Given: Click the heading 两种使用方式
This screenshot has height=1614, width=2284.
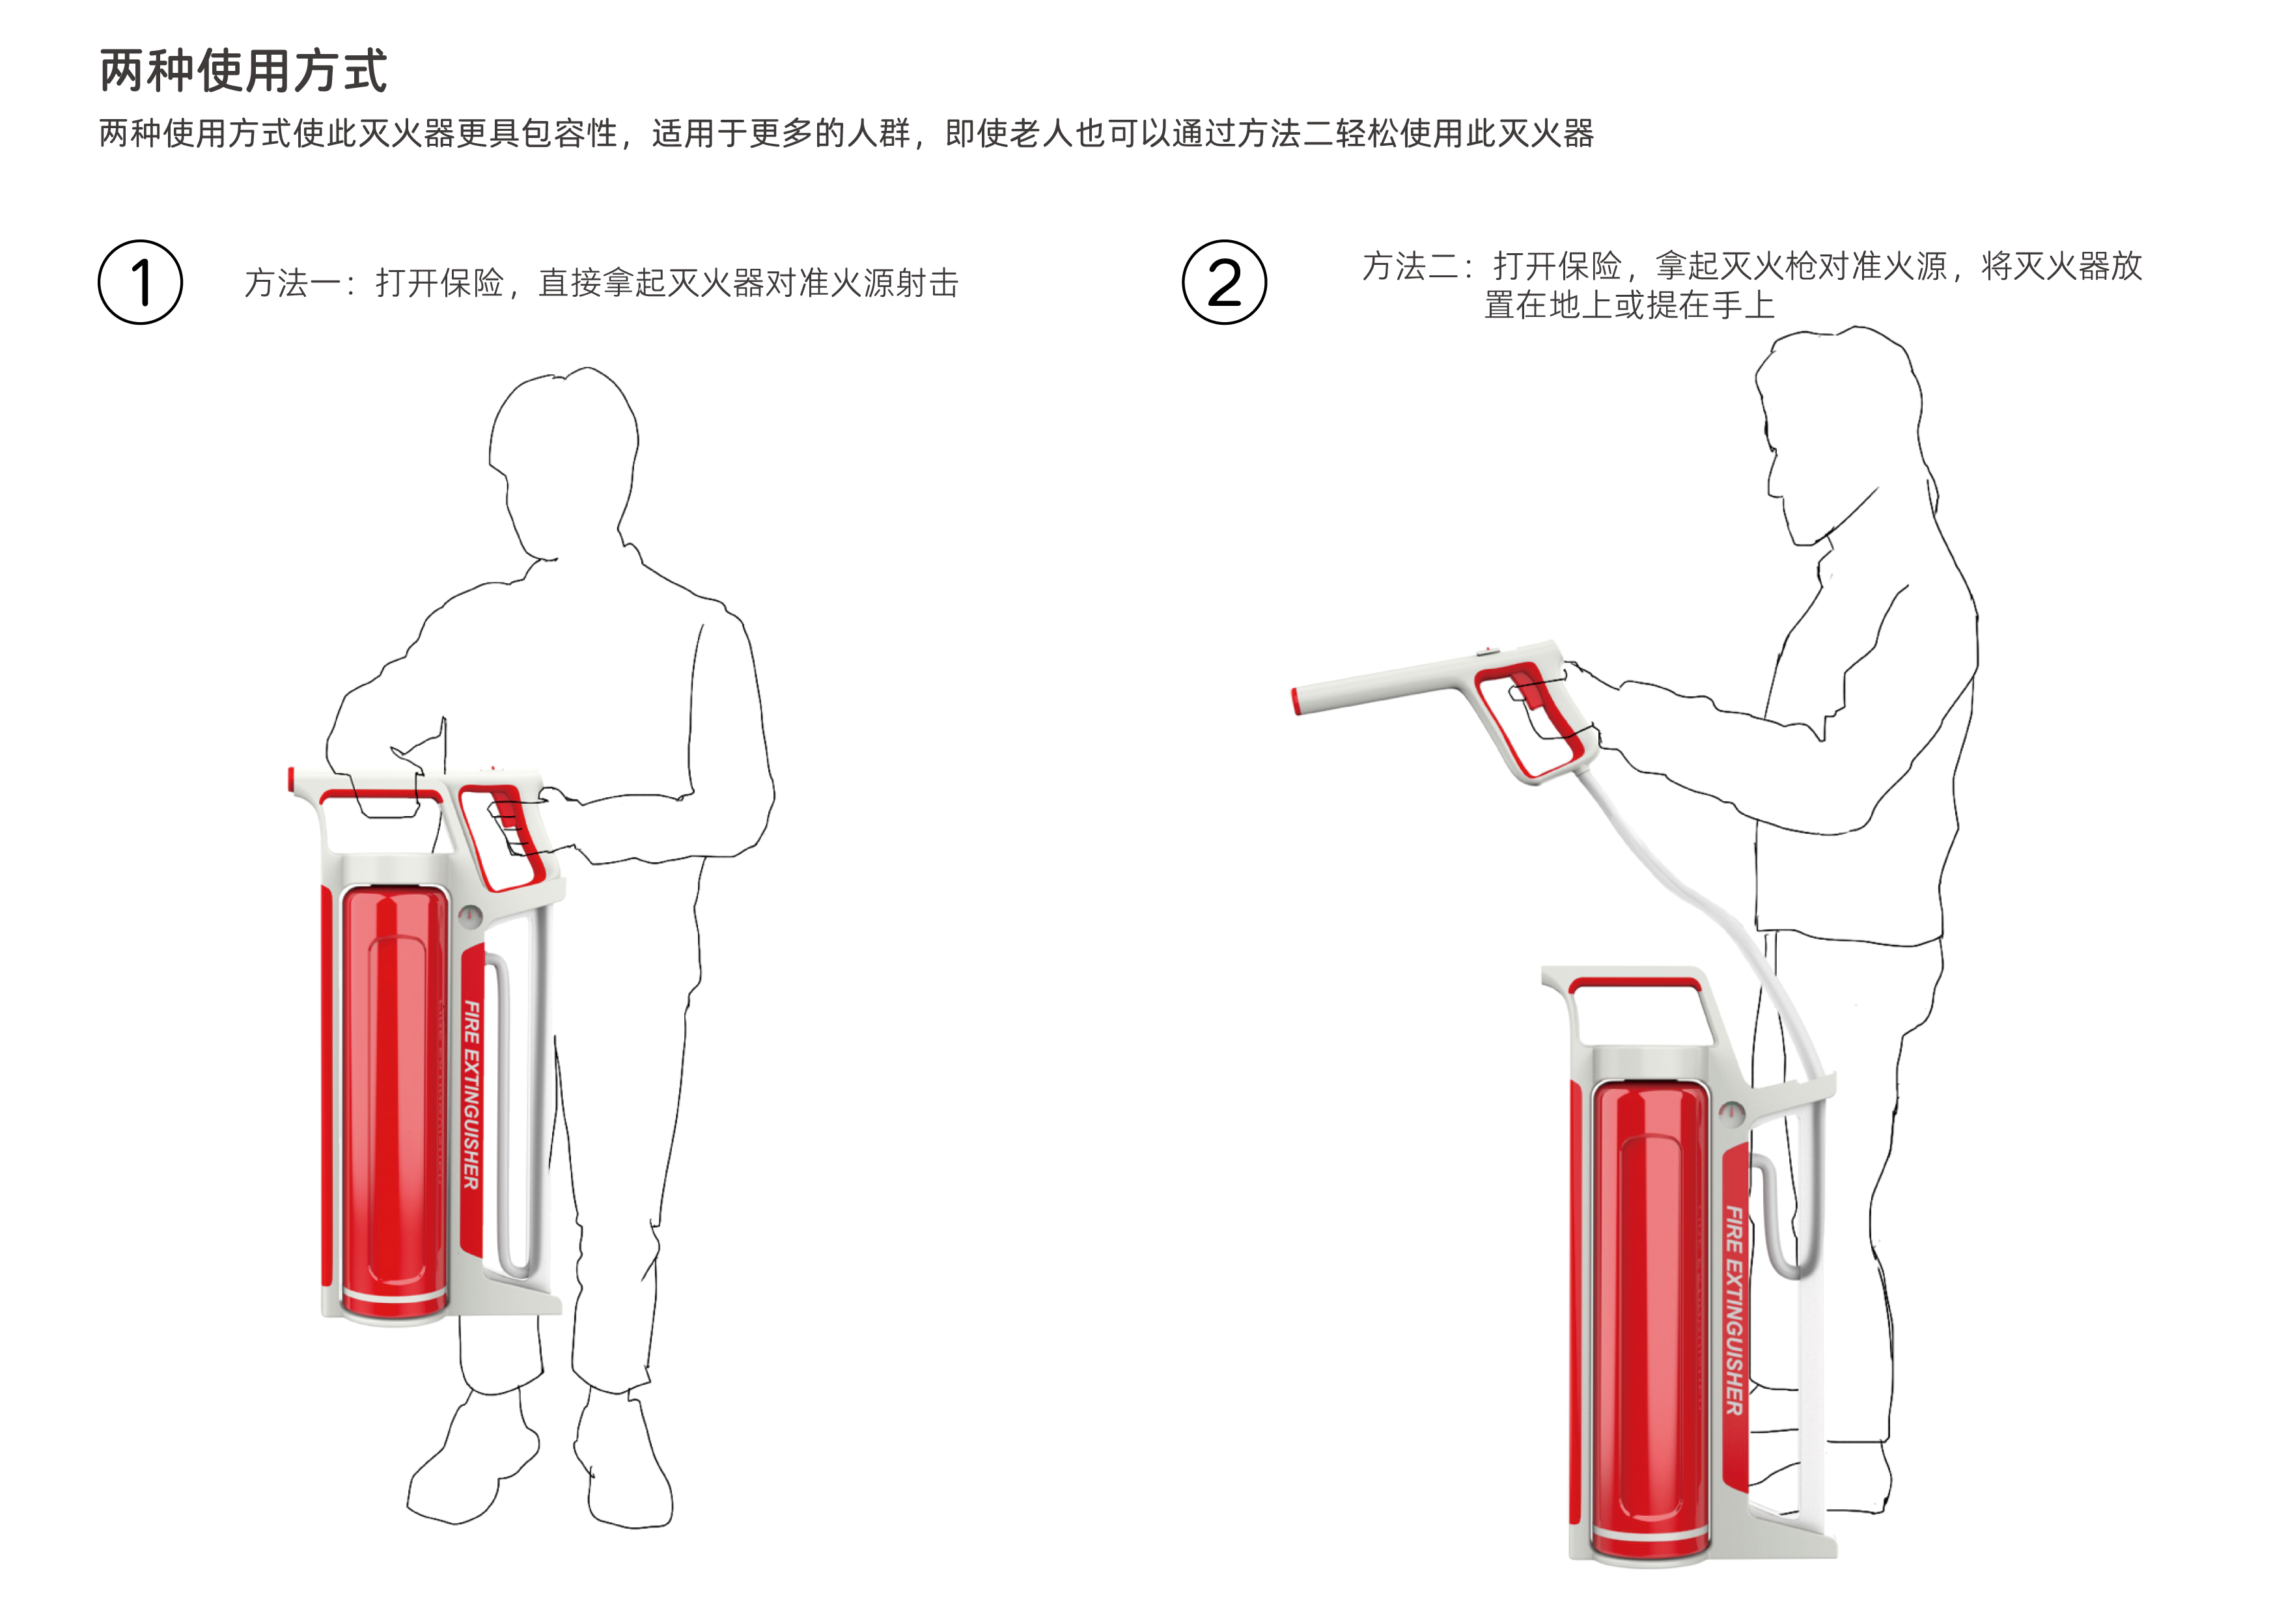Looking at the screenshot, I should tap(243, 72).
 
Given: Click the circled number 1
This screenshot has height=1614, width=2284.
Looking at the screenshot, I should tap(140, 282).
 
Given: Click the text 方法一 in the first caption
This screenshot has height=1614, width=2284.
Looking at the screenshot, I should tap(294, 283).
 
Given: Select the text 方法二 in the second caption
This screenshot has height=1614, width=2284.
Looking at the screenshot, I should tap(1411, 267).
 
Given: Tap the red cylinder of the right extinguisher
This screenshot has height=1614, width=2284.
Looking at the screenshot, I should tap(1649, 1313).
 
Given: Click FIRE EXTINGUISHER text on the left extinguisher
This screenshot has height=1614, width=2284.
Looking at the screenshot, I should tap(471, 1094).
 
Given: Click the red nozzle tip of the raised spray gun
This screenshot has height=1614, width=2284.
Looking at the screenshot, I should tap(1296, 701).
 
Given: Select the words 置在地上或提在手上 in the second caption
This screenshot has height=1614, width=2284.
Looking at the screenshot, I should tap(1628, 305).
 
